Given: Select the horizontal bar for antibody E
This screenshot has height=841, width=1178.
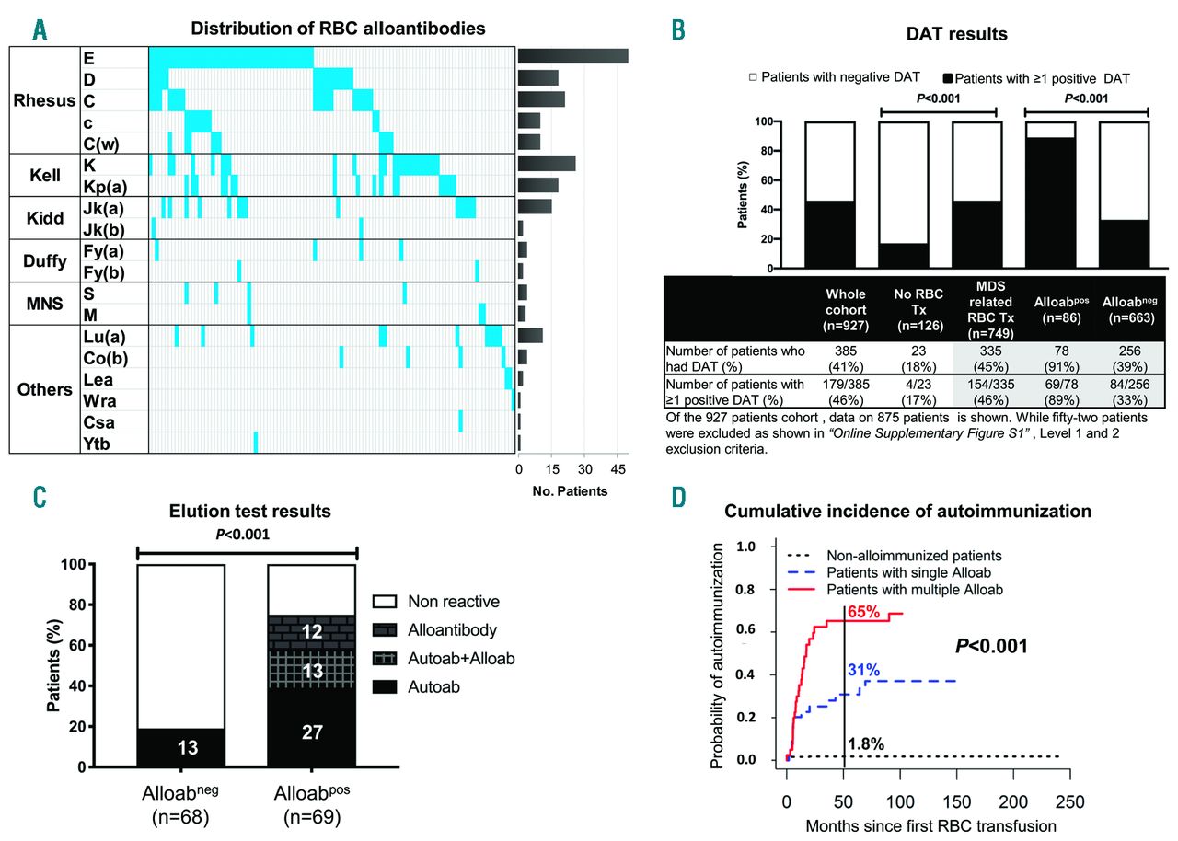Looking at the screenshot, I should [572, 55].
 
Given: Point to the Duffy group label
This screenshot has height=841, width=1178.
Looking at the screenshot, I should [45, 260].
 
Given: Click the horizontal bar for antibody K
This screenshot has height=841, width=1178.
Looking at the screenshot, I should [547, 164].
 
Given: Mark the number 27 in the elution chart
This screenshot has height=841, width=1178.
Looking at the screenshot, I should [311, 731].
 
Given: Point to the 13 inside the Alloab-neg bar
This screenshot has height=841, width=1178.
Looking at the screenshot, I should [187, 747].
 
